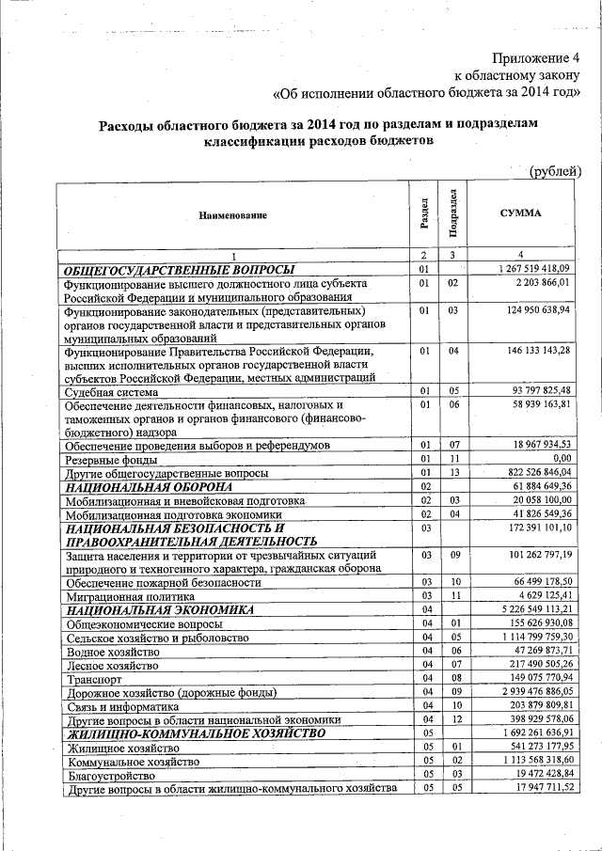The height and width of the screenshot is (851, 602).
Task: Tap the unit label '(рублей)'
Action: [x=554, y=170]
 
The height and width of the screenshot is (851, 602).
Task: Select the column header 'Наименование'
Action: [x=232, y=216]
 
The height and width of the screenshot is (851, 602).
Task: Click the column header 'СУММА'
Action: [x=520, y=213]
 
